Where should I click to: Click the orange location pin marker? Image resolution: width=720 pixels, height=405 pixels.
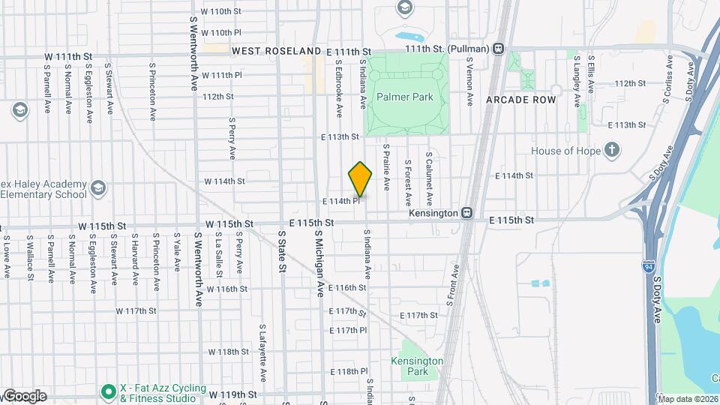361,179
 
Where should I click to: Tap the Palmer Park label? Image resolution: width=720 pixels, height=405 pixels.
405,97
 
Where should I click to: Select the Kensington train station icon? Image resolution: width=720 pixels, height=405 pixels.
467,213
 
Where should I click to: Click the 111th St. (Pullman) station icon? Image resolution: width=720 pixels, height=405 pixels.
499,49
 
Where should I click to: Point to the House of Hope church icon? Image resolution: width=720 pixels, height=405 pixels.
612,151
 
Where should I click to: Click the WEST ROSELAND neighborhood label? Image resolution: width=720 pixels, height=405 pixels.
276,51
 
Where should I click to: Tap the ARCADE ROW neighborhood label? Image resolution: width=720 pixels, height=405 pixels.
520,100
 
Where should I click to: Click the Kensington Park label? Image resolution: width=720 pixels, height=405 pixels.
417,366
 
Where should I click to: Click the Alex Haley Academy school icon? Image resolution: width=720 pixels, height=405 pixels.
97,187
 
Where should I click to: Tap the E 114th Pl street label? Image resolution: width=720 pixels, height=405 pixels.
342,201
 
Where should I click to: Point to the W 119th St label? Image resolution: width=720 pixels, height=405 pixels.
232,394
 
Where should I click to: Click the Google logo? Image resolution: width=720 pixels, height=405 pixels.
24,396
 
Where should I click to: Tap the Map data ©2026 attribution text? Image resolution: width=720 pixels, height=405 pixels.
688,398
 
